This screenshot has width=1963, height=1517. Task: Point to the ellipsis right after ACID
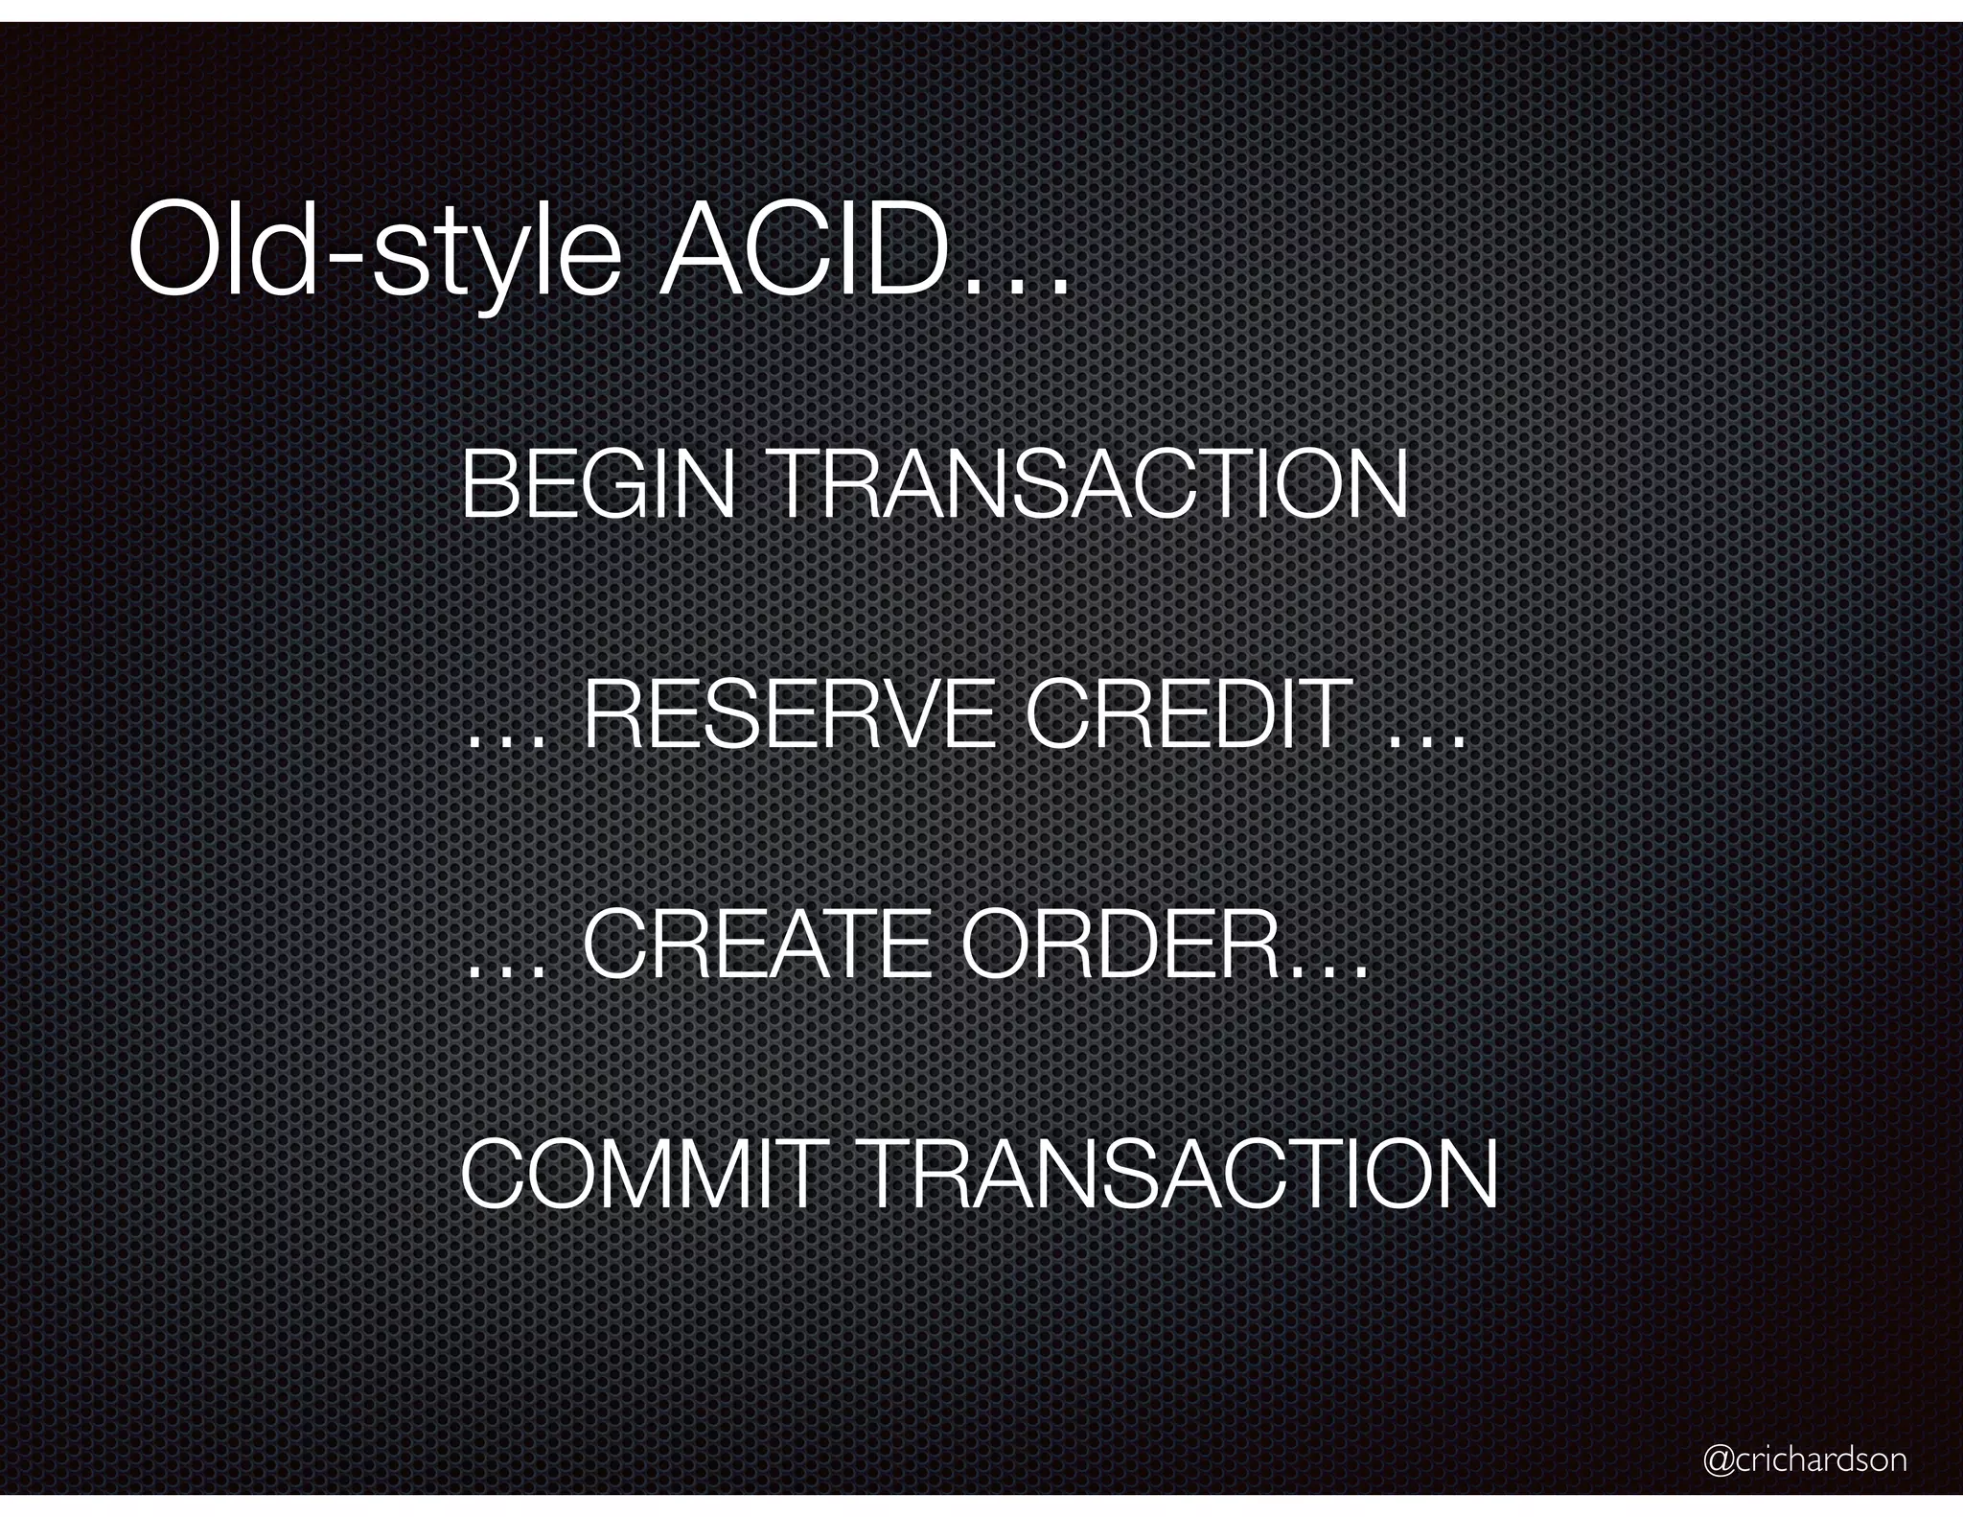point(1016,282)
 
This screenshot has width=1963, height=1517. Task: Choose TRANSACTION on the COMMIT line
point(1179,1174)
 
